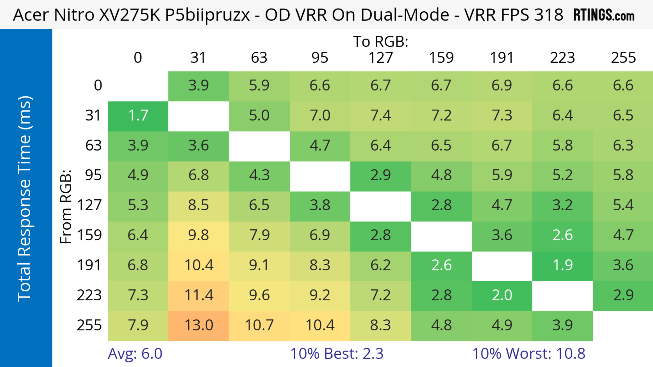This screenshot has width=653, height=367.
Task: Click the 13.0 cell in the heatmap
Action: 199,325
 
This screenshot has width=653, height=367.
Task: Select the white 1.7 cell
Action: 138,115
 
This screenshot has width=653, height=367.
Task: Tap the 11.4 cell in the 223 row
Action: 199,295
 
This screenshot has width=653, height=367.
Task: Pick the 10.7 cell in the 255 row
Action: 259,325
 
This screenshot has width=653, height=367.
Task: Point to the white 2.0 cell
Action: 502,295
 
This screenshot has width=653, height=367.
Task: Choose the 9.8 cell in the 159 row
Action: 199,235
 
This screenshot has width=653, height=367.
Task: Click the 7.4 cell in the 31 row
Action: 381,115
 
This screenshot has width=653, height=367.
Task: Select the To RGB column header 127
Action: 381,58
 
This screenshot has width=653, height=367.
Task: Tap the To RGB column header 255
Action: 623,58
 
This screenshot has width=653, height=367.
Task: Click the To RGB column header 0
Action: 138,58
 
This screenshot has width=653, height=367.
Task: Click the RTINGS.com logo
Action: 604,15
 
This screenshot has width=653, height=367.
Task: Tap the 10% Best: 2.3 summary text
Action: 337,354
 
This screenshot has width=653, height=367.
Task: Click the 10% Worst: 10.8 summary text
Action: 529,354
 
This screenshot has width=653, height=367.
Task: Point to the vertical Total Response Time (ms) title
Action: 25,199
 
